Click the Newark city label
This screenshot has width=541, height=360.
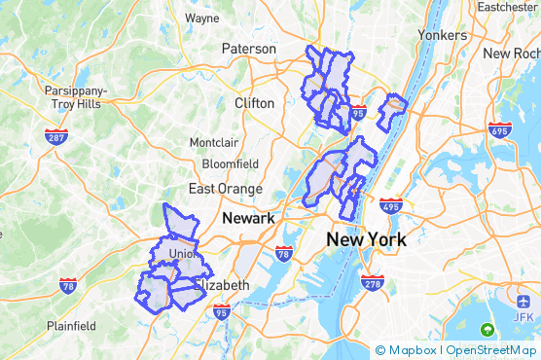click(x=249, y=218)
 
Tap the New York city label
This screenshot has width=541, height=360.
click(x=366, y=239)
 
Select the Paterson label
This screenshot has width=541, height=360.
click(x=249, y=49)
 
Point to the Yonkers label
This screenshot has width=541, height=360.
click(x=442, y=34)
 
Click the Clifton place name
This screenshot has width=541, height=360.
click(x=255, y=102)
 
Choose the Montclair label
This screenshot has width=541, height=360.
click(x=213, y=142)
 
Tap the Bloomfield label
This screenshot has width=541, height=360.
click(x=231, y=163)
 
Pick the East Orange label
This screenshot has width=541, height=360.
click(x=226, y=189)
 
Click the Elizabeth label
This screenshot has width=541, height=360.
click(x=223, y=285)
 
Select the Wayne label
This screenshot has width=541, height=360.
click(x=201, y=18)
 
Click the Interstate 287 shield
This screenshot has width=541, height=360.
click(x=55, y=137)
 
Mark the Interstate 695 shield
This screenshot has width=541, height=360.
click(x=500, y=129)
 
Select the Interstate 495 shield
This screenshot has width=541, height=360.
click(x=391, y=206)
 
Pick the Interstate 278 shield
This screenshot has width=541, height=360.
click(x=373, y=282)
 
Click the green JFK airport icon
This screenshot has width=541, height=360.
click(x=487, y=330)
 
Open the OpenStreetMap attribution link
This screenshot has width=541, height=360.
click(x=490, y=350)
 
